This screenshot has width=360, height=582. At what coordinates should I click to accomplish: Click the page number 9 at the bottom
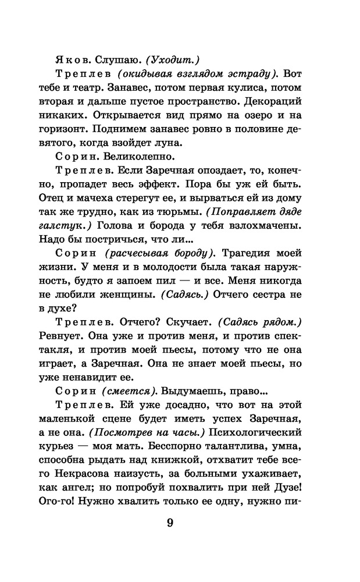point(170,522)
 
